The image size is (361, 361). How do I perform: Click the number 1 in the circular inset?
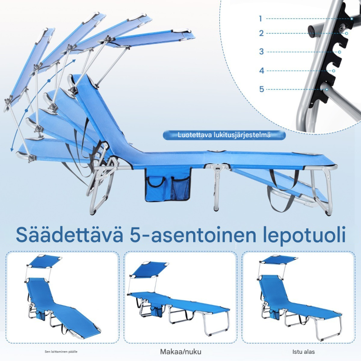261,19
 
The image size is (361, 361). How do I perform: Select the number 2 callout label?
261,33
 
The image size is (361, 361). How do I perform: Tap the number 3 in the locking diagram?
261,51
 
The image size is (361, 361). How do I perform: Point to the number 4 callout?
261,70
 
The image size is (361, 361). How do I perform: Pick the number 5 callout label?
261,89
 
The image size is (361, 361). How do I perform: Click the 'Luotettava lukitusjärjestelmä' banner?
224,135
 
